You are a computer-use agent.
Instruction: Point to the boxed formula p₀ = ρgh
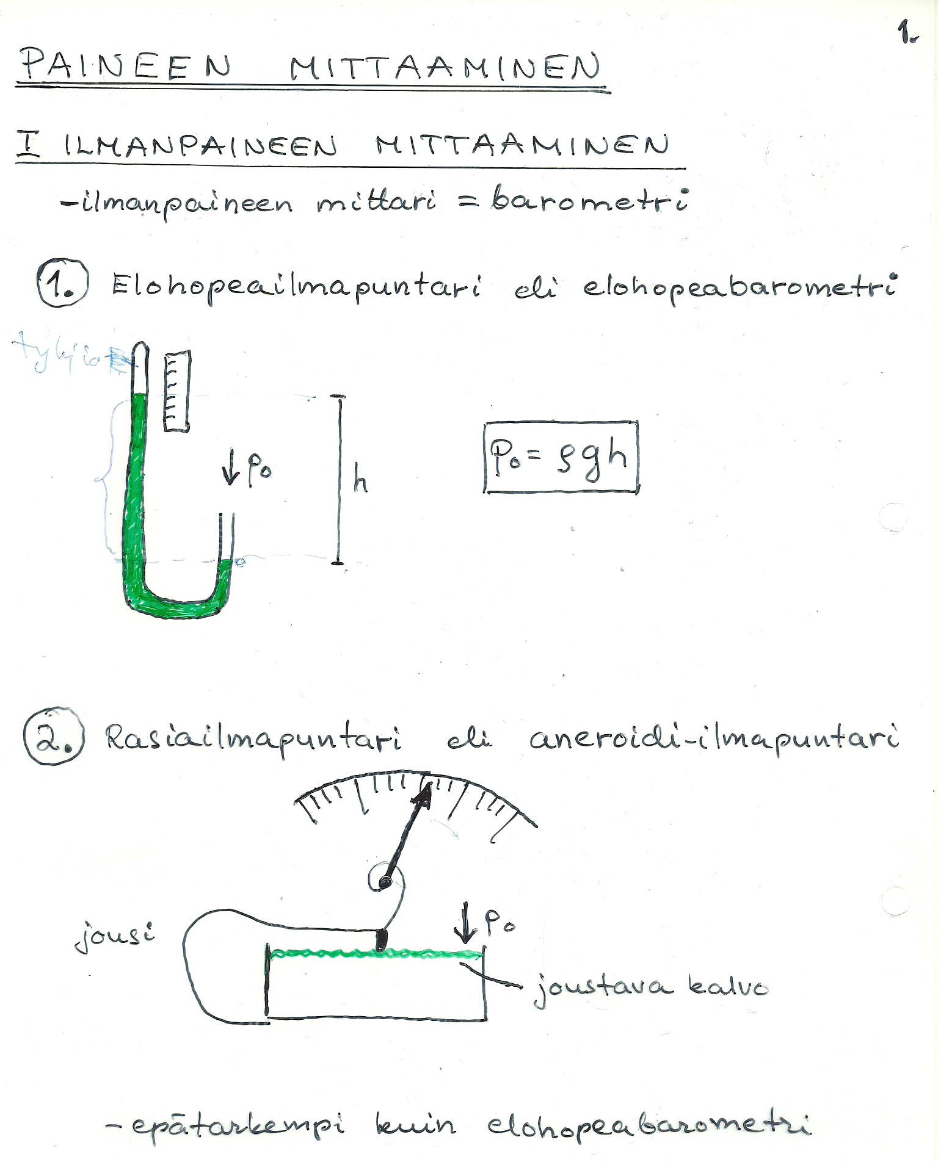point(560,457)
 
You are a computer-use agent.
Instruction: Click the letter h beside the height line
point(360,483)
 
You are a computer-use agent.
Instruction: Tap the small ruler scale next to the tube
point(176,391)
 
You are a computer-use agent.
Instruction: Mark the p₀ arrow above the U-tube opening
point(247,471)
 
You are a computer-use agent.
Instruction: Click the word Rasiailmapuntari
point(253,739)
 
